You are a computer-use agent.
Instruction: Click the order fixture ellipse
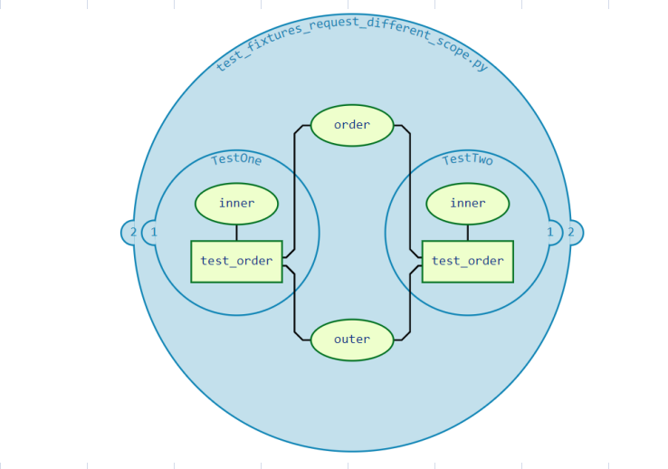pos(352,125)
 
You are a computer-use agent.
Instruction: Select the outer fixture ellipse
pos(352,340)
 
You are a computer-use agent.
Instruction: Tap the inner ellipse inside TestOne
pos(236,204)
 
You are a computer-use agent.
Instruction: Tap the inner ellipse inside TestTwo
pos(467,204)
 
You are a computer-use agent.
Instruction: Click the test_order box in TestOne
pos(236,261)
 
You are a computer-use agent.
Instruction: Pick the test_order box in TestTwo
pos(467,261)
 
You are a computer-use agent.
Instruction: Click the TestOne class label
pos(236,160)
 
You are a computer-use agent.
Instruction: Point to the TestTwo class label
pos(467,160)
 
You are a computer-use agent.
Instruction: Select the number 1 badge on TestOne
pos(154,233)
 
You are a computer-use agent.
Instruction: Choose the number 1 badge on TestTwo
pos(549,233)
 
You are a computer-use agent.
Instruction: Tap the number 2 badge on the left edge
pos(132,233)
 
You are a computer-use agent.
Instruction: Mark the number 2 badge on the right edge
pos(571,233)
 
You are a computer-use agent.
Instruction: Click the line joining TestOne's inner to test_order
pos(236,233)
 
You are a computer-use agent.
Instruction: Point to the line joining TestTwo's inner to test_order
pos(467,233)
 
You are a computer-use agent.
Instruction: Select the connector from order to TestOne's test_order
pos(295,190)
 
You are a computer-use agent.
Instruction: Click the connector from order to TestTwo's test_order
pos(410,190)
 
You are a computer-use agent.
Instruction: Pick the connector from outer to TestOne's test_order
pos(295,303)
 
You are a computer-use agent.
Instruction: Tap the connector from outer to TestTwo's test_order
pos(410,303)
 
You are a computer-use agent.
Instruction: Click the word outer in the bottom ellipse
pos(352,340)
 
